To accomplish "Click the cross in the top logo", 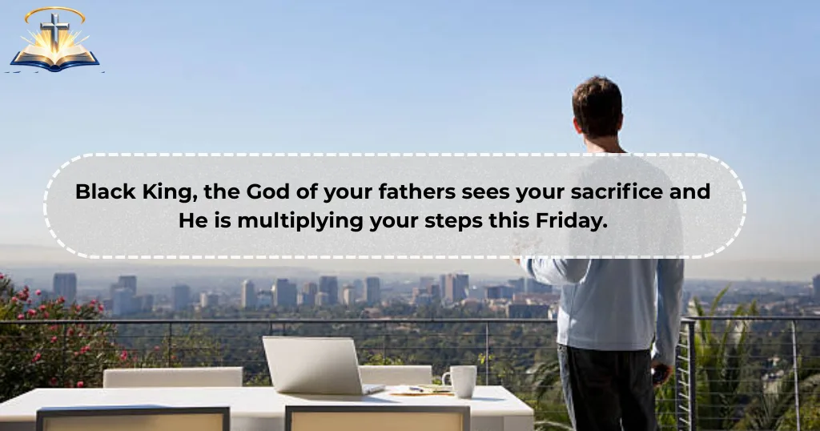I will coord(54,31).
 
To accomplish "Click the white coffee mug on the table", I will coord(461,381).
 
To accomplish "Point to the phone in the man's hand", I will coord(658,373).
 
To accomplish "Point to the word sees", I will coord(480,192).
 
